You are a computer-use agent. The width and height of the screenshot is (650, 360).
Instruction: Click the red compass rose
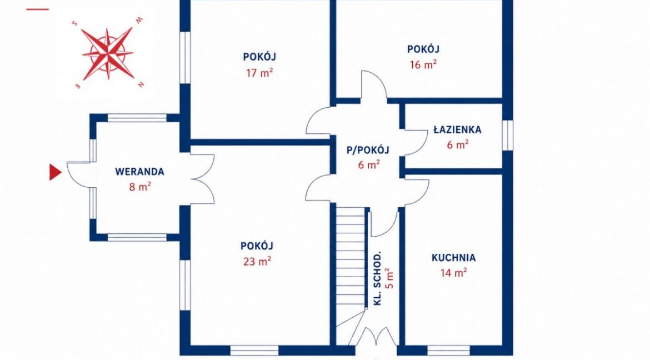tap(108, 53)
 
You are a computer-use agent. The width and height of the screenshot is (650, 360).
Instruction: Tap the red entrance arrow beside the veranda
tap(55, 172)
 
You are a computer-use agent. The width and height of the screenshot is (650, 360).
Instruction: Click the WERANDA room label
tap(139, 171)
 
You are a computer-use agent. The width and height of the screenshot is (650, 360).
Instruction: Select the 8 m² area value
tap(140, 187)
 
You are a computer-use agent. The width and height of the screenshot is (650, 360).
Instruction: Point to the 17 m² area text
tap(259, 73)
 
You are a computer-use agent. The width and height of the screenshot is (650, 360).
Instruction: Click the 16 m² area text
tap(423, 64)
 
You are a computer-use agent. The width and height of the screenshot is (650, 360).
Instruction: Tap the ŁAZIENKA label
tap(457, 129)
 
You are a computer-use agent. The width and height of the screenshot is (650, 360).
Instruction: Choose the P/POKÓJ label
tap(368, 150)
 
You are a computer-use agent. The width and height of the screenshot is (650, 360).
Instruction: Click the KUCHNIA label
tap(453, 258)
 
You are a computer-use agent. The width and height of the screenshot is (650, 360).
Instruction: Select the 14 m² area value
tap(454, 272)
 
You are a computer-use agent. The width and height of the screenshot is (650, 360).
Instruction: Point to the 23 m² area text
tap(257, 261)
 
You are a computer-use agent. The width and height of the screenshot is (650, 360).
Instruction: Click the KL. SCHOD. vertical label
tap(377, 278)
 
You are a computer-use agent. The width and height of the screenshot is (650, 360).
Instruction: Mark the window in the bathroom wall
tap(507, 135)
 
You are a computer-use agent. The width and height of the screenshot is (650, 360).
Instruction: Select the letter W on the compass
tap(140, 20)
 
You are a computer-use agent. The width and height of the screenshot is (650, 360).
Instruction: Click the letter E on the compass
tap(77, 86)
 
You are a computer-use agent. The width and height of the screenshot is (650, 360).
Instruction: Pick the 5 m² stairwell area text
tap(389, 278)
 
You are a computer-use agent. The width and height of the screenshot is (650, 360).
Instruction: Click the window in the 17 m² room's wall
tap(184, 58)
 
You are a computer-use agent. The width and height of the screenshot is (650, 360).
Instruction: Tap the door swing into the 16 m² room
tap(373, 85)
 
